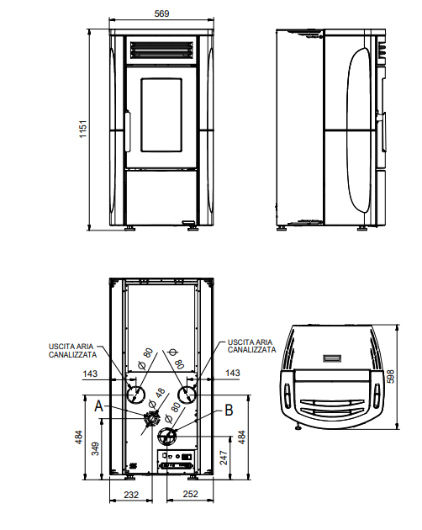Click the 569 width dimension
[161, 13]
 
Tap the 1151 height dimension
[82, 129]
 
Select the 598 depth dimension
[390, 376]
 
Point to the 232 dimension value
[131, 495]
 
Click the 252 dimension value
[190, 494]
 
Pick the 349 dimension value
[95, 448]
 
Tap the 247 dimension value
[224, 458]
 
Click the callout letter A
[98, 406]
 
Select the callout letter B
[229, 410]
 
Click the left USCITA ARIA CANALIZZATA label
[72, 351]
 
